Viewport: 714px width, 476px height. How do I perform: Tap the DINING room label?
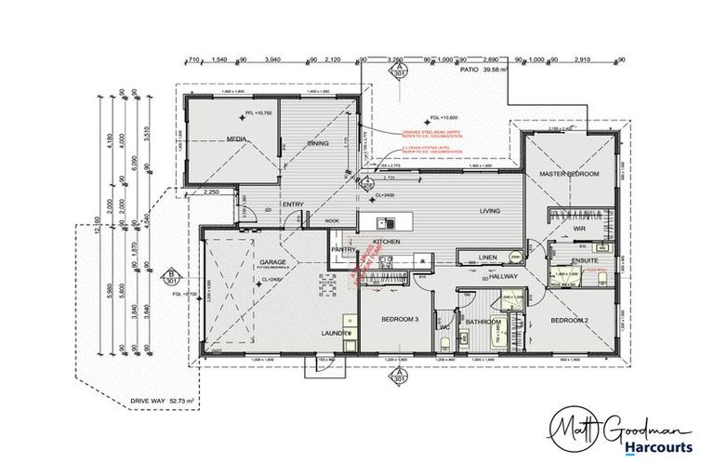[x=320, y=143]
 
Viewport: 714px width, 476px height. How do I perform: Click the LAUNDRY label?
[x=336, y=332]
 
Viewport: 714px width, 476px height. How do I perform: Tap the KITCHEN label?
[x=386, y=241]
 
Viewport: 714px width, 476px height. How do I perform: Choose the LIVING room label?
[x=489, y=211]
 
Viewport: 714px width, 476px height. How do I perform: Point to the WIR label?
[x=578, y=227]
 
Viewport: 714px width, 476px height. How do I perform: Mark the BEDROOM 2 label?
[x=569, y=320]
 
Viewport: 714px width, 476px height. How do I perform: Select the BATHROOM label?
[x=483, y=323]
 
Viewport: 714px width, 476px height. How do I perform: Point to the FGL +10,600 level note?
[x=443, y=117]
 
